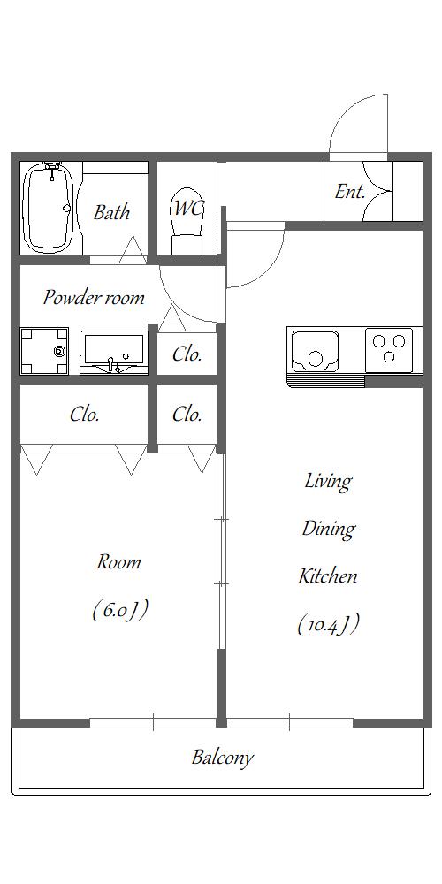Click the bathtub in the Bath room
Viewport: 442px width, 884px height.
(50, 208)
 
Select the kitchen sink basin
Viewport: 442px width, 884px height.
(316, 350)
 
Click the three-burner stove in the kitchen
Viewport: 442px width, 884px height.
(389, 349)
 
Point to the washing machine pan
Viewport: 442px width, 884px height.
(44, 351)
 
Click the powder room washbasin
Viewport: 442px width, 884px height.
(113, 353)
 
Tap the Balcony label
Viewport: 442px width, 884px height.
(222, 758)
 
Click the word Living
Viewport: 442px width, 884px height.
(328, 482)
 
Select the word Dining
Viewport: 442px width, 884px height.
(328, 530)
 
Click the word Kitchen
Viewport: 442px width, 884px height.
(328, 576)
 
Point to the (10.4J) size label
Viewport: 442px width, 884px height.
(329, 624)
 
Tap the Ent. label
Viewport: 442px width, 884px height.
(349, 192)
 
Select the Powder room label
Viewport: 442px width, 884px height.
(94, 297)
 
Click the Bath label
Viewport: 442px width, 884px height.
(111, 212)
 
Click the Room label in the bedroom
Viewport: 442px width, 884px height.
(119, 561)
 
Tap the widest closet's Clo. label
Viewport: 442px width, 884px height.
(85, 415)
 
